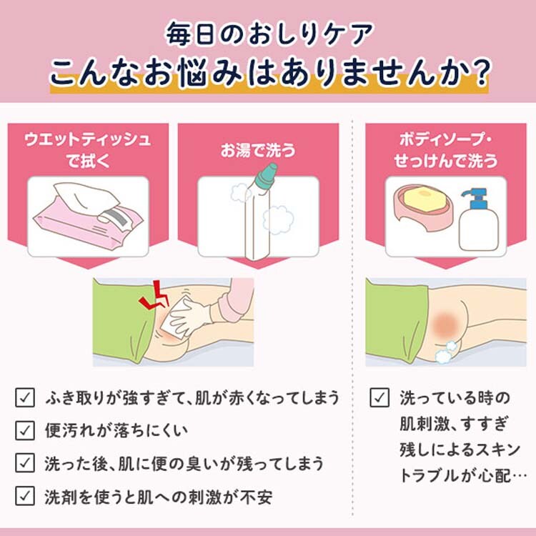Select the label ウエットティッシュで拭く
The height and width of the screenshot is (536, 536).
[88, 150]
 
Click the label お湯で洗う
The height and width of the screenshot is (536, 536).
[258, 150]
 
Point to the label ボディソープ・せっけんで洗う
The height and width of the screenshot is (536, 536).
[446, 150]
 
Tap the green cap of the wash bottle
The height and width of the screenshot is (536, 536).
[267, 175]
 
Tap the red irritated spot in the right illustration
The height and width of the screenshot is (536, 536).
[446, 324]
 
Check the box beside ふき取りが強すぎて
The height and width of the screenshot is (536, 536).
[25, 397]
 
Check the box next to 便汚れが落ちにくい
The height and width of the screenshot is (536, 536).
[25, 430]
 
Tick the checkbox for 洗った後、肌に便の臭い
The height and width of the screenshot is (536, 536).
[25, 463]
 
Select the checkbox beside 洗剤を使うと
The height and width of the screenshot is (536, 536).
[25, 496]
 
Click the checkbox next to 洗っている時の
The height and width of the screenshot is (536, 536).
[379, 397]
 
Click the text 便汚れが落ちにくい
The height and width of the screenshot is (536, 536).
[116, 430]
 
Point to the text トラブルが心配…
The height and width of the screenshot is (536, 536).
[463, 476]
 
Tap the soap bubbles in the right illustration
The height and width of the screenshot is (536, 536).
[447, 352]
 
